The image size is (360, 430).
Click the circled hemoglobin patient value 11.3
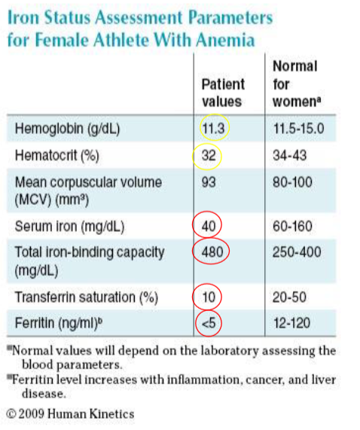(x=215, y=129)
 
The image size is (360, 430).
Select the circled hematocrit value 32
(x=209, y=157)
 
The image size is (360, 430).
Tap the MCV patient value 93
(x=209, y=182)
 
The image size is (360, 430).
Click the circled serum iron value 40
(x=209, y=225)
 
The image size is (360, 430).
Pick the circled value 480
(x=212, y=252)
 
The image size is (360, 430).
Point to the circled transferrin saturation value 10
(x=209, y=295)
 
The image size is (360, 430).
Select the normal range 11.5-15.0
(x=299, y=129)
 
